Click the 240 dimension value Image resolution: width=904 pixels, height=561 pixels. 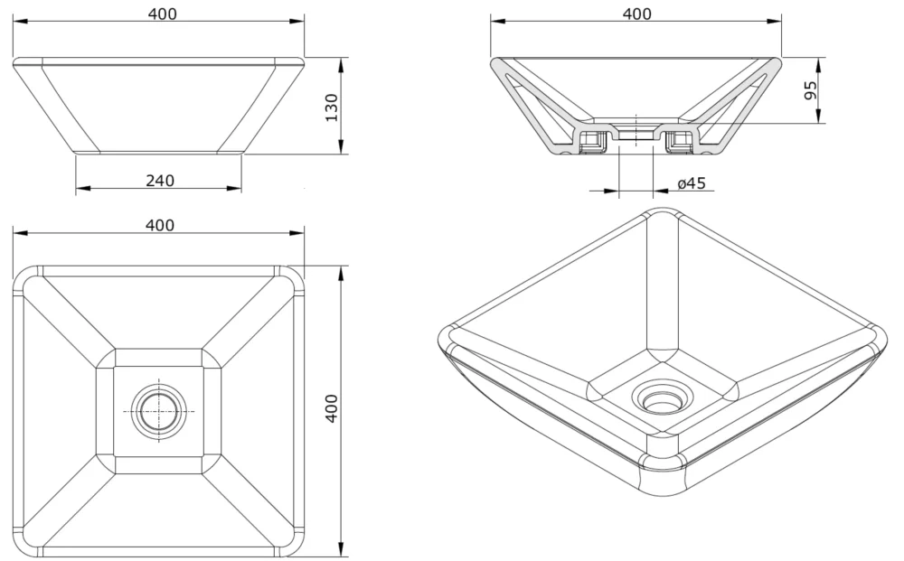tap(160, 180)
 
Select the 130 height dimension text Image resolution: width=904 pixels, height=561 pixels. tap(331, 108)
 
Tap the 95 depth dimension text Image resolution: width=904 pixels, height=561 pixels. tap(810, 89)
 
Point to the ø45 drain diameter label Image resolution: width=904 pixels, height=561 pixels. tap(692, 183)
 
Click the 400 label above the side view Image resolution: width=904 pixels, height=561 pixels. tap(160, 14)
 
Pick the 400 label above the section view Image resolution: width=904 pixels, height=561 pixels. tap(636, 14)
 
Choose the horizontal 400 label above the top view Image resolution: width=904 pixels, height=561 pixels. tap(160, 225)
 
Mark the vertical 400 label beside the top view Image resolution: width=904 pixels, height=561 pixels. tap(331, 409)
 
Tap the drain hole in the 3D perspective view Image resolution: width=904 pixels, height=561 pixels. tap(663, 397)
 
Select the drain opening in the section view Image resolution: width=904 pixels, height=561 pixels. tap(636, 133)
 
